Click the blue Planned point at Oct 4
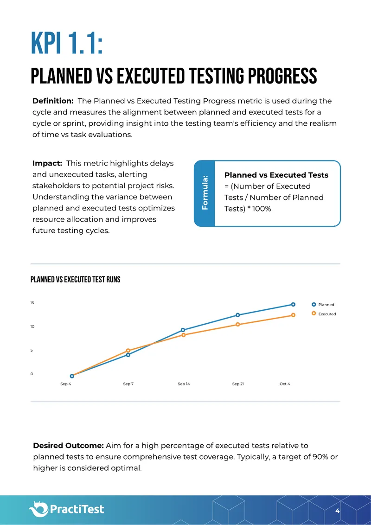(293, 304)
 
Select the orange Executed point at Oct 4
(293, 315)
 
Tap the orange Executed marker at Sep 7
(128, 351)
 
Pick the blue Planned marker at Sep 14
(183, 330)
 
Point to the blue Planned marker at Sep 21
(238, 315)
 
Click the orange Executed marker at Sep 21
(238, 325)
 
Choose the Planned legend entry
(323, 305)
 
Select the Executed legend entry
(324, 314)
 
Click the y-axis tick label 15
(32, 303)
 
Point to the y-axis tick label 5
(32, 351)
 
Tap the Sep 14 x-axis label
(184, 384)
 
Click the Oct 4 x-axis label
(285, 384)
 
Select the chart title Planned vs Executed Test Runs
(75, 279)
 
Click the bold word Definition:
(53, 101)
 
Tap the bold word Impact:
(47, 163)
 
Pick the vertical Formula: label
(205, 193)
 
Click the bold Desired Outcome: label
(68, 446)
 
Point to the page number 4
(338, 511)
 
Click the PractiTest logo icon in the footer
(39, 509)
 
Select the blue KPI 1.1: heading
(66, 43)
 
